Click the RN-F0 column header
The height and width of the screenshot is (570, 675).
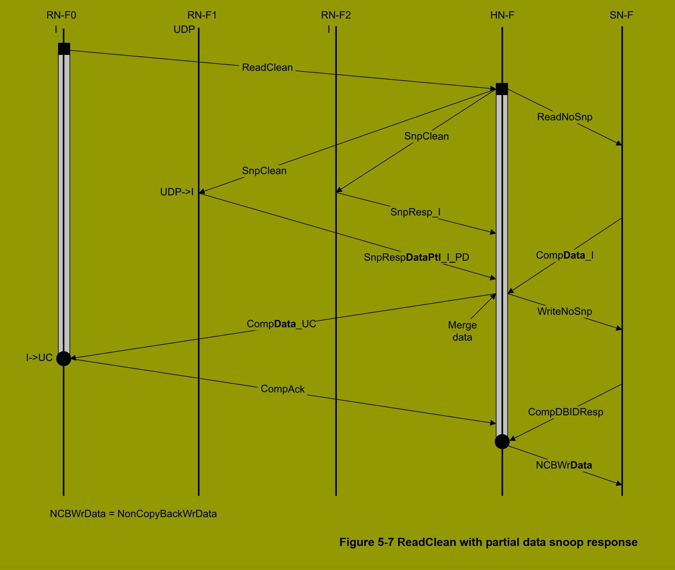coord(61,15)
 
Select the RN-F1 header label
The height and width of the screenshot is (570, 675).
coord(202,15)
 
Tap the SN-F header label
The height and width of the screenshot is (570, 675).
coord(621,15)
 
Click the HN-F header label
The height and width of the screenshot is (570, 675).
coord(502,15)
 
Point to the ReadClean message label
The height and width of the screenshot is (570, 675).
coord(267,67)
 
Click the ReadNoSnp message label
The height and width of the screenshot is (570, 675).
coord(564,117)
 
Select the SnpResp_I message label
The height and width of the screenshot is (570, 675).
coord(415,212)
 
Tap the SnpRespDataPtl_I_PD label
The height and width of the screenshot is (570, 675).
coord(416,257)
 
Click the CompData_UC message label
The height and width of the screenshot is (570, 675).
coord(281,324)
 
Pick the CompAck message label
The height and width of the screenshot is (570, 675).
coord(282,389)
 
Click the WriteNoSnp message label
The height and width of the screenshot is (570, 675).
coord(564,311)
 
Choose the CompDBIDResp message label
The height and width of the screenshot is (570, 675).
coord(566,412)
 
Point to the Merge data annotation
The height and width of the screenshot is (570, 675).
coord(462,331)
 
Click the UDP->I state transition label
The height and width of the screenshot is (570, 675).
coord(177,192)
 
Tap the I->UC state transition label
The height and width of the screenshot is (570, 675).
coord(39,357)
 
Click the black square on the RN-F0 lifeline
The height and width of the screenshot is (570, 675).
coord(64,49)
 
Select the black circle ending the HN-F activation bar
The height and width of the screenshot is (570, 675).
coord(502,441)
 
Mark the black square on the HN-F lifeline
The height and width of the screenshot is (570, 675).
coord(502,89)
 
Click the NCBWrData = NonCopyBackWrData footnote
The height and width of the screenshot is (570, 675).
coord(133,514)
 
